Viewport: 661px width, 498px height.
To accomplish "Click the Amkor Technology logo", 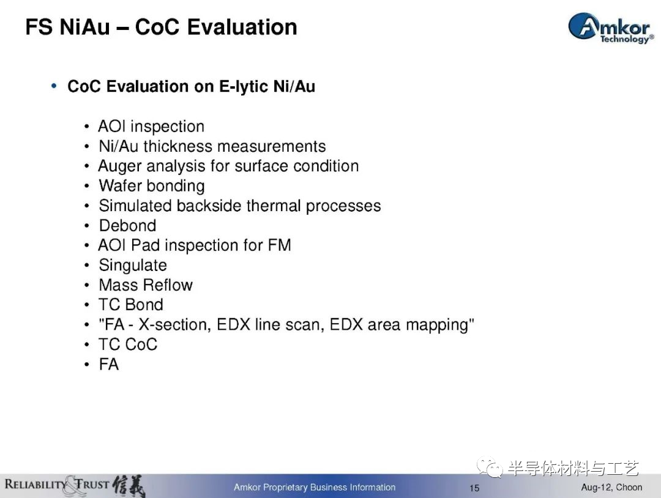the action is click(x=611, y=28).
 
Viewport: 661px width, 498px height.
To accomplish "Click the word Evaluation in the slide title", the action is click(x=242, y=27).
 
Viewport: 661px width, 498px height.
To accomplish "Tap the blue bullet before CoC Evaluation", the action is click(x=53, y=86).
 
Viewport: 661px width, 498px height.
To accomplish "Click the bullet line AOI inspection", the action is click(x=151, y=127).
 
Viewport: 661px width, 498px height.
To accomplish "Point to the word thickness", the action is click(x=178, y=146).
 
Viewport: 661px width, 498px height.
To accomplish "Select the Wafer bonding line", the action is click(x=152, y=186).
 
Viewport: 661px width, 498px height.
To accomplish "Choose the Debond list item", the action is click(x=127, y=225).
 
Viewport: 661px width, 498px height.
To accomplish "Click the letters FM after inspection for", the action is click(x=279, y=245).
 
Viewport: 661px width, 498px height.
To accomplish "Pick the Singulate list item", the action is click(x=133, y=266).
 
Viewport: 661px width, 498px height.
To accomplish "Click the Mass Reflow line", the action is click(x=146, y=285).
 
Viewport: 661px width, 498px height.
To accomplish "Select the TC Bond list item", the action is click(x=131, y=305).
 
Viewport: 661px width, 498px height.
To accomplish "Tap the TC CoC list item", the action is click(x=128, y=344).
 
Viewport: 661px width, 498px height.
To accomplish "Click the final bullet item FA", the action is click(x=109, y=365).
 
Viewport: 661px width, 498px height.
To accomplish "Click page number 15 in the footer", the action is click(x=474, y=488).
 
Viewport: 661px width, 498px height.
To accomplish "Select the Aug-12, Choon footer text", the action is click(x=611, y=488).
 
